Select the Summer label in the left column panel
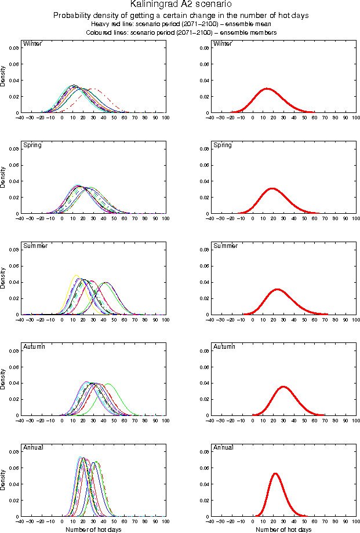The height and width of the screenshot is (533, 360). (x=34, y=246)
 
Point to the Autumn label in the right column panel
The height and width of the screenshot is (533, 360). (x=224, y=346)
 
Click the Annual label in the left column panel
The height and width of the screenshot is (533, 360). (x=32, y=447)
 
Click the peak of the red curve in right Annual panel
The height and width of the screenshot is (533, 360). (x=275, y=474)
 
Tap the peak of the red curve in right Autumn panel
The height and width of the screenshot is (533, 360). (x=283, y=386)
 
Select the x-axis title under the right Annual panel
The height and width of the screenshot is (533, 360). (x=283, y=529)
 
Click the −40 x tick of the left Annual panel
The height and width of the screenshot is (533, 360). (x=20, y=521)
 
